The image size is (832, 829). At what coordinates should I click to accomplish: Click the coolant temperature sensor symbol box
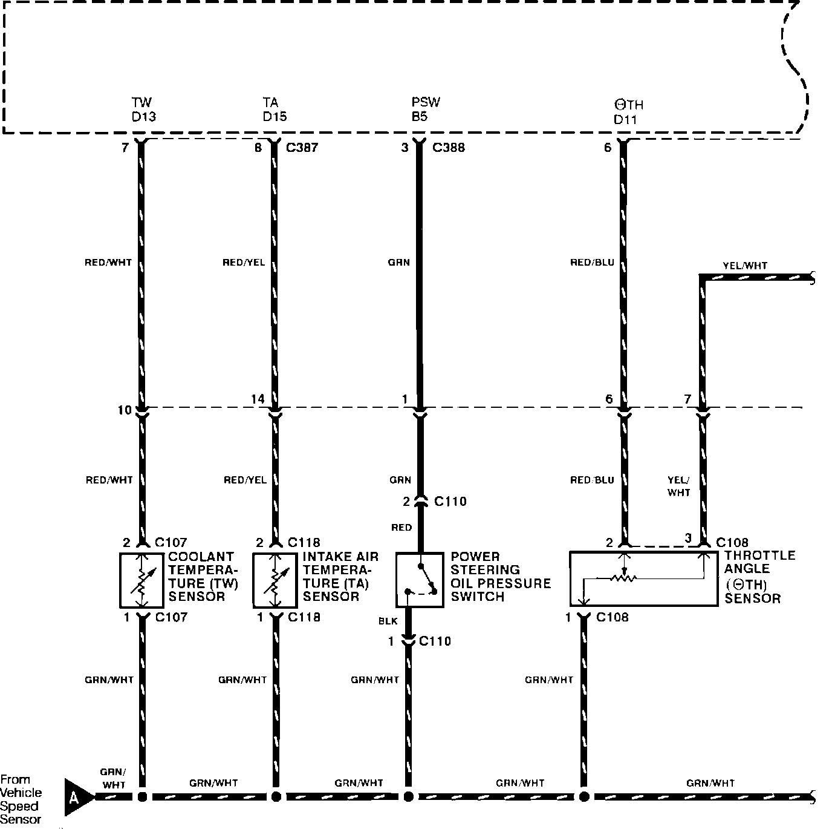[x=142, y=580]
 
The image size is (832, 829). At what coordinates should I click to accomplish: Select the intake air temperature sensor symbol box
[x=275, y=580]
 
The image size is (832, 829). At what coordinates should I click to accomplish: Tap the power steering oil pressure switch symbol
[x=420, y=580]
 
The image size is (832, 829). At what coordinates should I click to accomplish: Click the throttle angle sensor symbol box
[x=643, y=578]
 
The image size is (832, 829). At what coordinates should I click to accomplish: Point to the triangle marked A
[x=76, y=796]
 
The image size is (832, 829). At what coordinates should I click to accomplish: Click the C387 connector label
[x=302, y=147]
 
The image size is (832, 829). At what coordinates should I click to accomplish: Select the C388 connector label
[x=449, y=147]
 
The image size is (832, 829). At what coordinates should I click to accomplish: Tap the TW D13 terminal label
[x=143, y=110]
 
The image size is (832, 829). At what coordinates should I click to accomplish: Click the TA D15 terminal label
[x=275, y=110]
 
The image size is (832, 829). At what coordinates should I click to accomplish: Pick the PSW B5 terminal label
[x=426, y=110]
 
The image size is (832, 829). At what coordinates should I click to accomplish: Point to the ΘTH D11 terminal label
[x=628, y=112]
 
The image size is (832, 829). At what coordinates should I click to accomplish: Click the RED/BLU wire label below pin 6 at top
[x=592, y=263]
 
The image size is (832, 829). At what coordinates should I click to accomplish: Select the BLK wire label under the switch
[x=388, y=621]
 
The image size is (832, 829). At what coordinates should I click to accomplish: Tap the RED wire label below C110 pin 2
[x=401, y=528]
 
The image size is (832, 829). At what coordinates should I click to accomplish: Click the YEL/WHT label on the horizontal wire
[x=745, y=266]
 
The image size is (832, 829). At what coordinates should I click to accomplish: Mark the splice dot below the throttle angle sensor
[x=584, y=796]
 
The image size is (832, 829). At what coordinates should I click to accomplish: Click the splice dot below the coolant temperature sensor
[x=143, y=796]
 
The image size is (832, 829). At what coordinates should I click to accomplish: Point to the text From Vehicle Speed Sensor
[x=21, y=799]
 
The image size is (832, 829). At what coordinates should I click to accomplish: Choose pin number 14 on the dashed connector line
[x=258, y=399]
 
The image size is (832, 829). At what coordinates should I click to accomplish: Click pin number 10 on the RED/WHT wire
[x=124, y=410]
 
